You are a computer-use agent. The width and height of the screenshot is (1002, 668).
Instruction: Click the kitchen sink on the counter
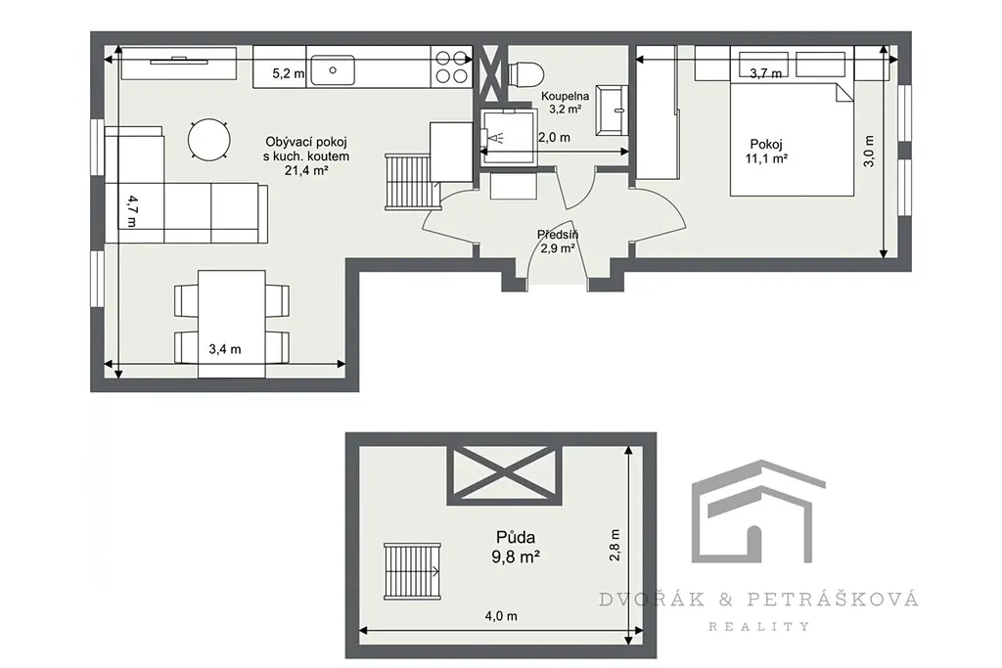coord(333,69)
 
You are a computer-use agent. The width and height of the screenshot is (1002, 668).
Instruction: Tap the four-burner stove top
coord(451,67)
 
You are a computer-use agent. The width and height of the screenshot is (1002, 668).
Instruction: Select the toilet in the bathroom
coord(525,73)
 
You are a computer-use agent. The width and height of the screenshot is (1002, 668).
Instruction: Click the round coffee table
coord(209,139)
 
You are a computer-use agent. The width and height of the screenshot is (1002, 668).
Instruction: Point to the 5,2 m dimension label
coord(289,73)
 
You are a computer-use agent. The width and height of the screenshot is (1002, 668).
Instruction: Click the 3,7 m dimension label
coord(765,73)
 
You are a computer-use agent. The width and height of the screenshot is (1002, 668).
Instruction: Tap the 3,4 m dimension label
coord(225,349)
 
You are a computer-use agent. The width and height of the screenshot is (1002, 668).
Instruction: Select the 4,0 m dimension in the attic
coord(501,616)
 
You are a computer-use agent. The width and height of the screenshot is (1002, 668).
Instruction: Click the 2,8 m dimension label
coord(615,545)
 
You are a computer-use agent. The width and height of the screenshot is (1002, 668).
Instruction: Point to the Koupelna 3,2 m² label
coord(566,102)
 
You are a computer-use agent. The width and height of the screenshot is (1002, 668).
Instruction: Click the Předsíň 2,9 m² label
coord(558,242)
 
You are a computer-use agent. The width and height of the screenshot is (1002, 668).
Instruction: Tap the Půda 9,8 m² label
coord(516,548)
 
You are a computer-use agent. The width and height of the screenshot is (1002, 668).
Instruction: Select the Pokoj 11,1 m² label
coord(766,152)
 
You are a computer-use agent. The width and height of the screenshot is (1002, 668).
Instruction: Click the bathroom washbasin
coord(611,110)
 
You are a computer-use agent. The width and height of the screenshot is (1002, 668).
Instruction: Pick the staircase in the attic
coord(412,571)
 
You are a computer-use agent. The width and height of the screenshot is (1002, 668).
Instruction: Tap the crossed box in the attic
coord(505,475)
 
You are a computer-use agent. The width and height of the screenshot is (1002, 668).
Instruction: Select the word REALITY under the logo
coord(759,627)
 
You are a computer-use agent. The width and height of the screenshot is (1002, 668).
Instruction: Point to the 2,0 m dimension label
coord(554,137)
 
